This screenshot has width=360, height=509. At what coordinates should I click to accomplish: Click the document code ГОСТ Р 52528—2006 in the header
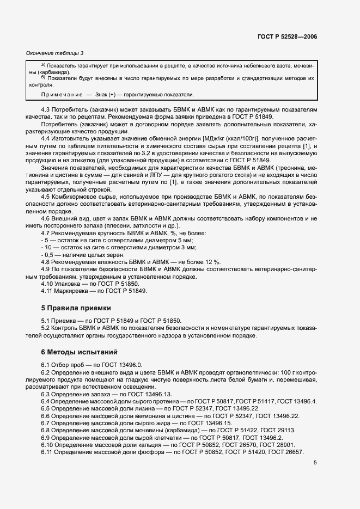[287, 36]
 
